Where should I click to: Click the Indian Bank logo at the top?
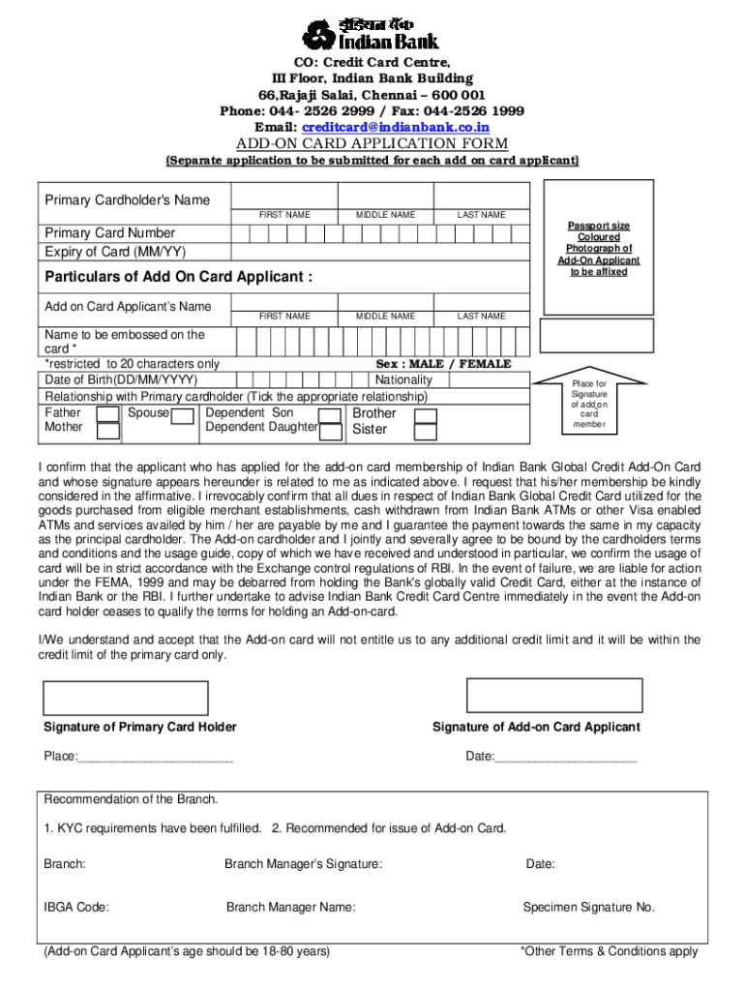372,30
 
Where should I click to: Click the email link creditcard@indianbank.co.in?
396,127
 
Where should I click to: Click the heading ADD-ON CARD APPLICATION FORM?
372,144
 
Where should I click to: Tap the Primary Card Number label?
110,232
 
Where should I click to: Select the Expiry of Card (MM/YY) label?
115,252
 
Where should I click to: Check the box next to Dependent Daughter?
331,427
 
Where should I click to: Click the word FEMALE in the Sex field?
485,364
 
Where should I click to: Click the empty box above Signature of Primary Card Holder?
126,697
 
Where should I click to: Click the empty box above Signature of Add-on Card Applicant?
554,695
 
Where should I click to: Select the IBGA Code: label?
76,907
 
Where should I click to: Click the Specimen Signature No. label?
588,907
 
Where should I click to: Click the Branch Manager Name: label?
290,907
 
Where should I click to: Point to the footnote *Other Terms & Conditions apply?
609,951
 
